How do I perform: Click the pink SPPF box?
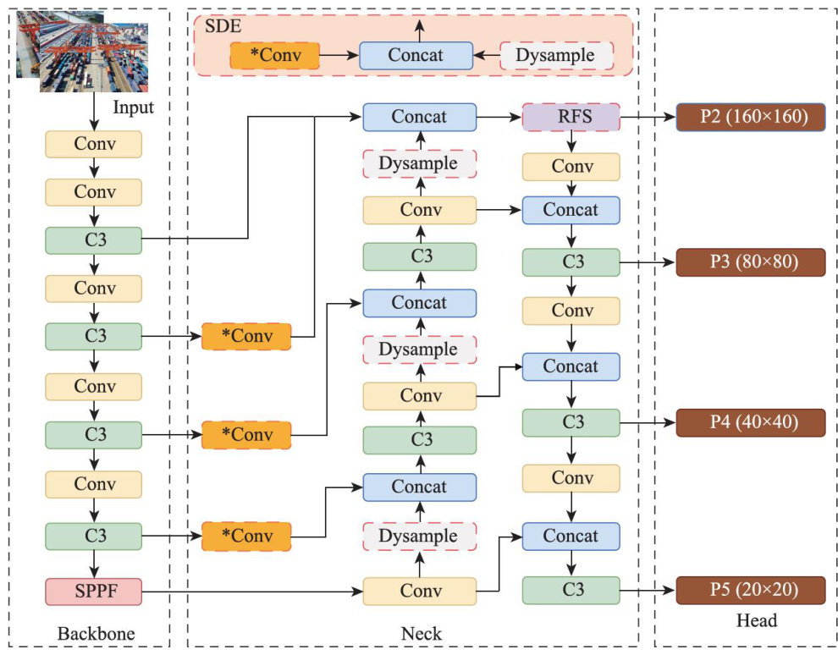click(93, 591)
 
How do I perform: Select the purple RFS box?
click(571, 117)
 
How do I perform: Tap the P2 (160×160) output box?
click(750, 117)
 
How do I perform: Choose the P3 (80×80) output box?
click(750, 261)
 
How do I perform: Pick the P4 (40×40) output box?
click(750, 421)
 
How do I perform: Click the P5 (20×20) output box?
click(750, 590)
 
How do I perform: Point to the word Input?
click(134, 107)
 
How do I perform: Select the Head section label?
click(756, 622)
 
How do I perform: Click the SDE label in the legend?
click(223, 25)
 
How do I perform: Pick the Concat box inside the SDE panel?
click(416, 56)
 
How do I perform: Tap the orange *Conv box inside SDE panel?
click(274, 56)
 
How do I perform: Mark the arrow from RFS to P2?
click(648, 117)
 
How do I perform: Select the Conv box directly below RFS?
click(571, 167)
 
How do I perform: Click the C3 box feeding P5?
click(571, 590)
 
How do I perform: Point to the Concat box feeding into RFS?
click(419, 117)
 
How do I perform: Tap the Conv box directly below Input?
click(93, 144)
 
